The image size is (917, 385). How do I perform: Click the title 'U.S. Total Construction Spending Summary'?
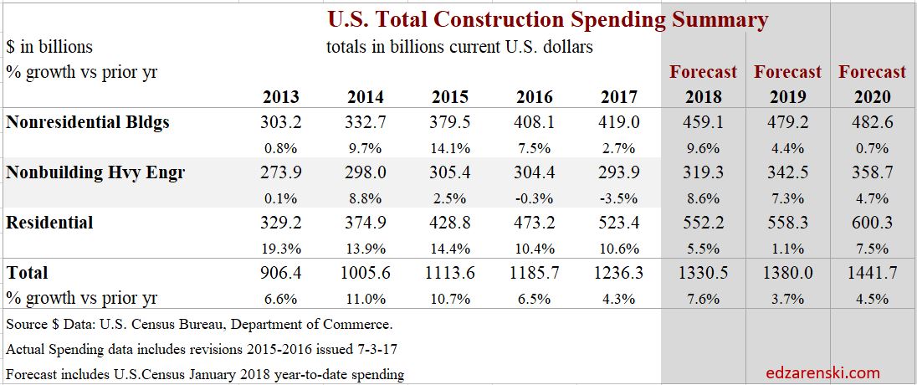[x=547, y=19]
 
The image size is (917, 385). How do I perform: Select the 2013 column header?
[x=280, y=97]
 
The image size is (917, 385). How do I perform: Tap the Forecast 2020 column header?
[x=873, y=84]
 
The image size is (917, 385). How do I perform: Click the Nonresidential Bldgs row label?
[x=88, y=122]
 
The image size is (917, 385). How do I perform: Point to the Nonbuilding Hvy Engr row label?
[x=95, y=173]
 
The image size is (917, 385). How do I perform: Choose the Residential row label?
[x=49, y=223]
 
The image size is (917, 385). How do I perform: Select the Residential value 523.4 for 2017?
[x=619, y=223]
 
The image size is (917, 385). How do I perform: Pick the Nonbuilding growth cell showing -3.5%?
[x=619, y=198]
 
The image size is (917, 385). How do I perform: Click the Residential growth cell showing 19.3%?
[x=280, y=249]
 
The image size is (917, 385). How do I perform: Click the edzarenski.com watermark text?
[x=823, y=372]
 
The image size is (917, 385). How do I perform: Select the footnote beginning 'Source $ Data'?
[x=199, y=323]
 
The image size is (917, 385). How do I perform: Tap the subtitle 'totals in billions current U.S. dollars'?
[x=459, y=47]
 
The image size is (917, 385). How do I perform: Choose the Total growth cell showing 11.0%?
[x=366, y=298]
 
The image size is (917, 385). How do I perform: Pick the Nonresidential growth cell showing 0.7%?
[x=873, y=148]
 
